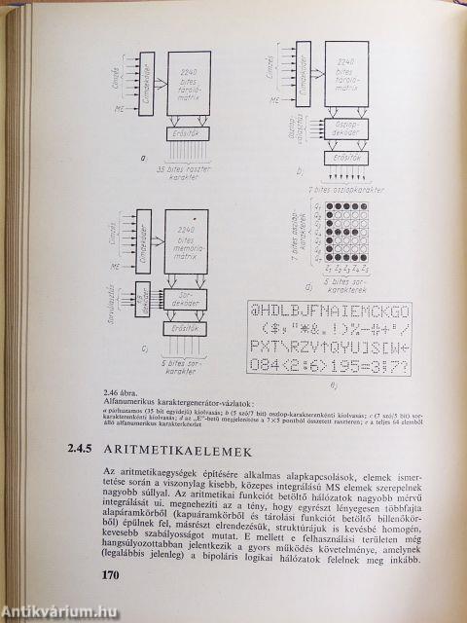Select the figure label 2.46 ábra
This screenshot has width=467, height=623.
pos(133,394)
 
